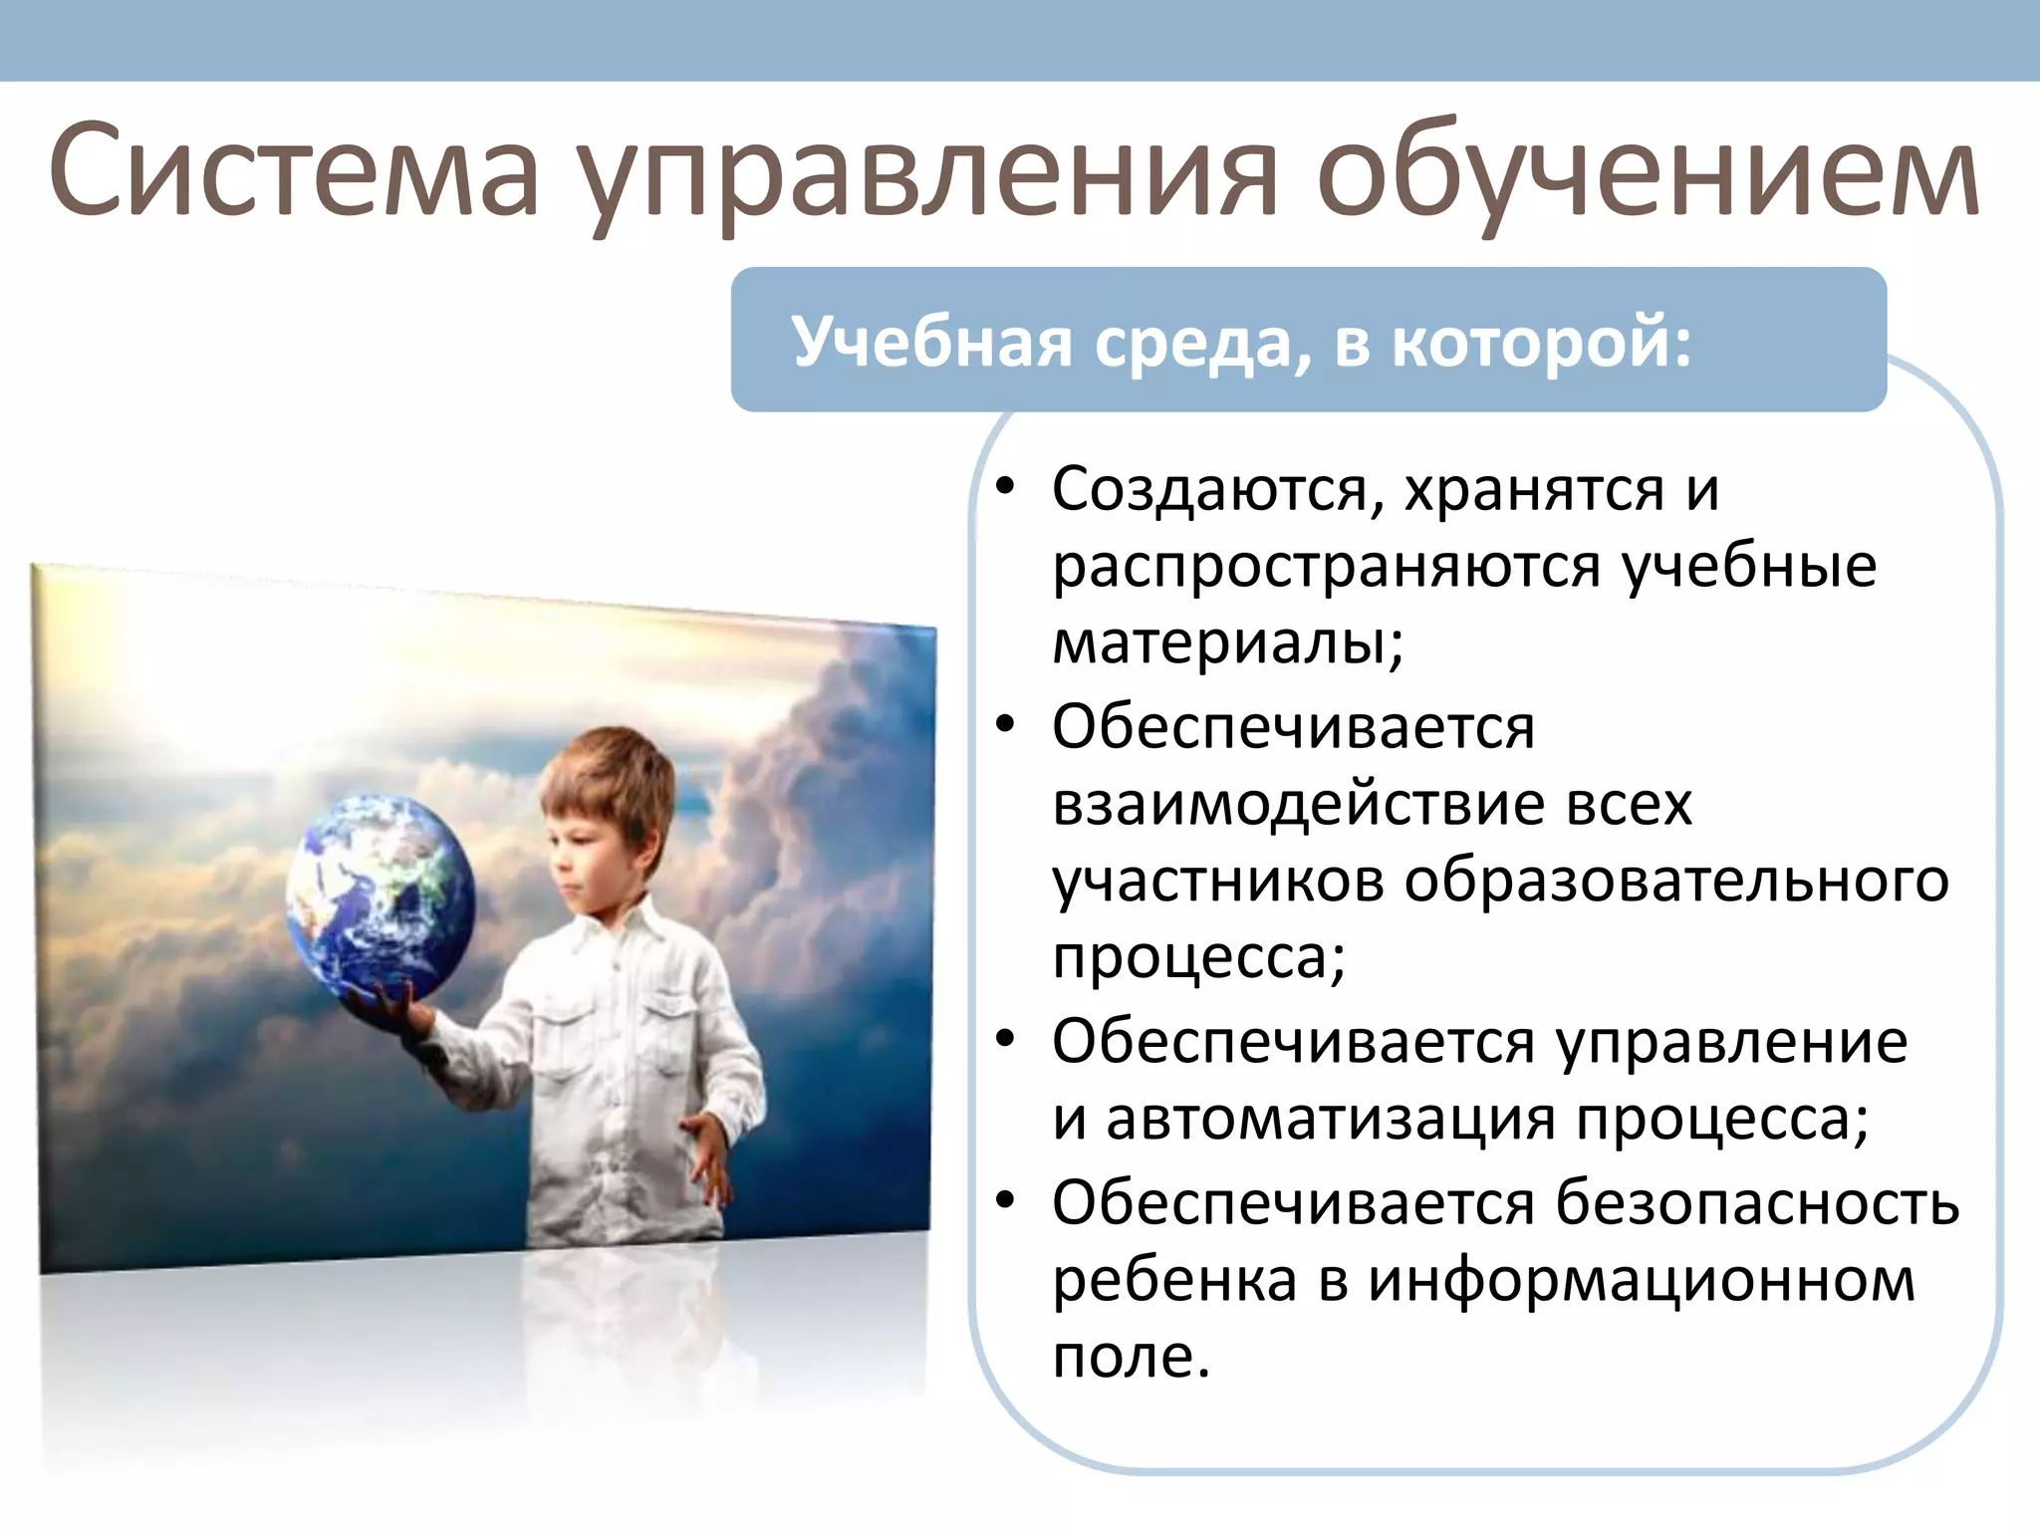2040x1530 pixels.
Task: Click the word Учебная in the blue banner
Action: click(x=932, y=342)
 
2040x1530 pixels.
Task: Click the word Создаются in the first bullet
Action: click(x=1209, y=490)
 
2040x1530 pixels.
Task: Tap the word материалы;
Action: click(x=1228, y=643)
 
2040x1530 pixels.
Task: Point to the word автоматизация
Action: click(x=1331, y=1119)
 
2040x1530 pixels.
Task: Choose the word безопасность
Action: click(x=1758, y=1202)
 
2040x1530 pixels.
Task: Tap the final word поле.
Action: click(x=1131, y=1357)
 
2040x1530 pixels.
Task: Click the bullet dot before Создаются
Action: click(x=1005, y=487)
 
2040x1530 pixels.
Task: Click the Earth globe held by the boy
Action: click(x=381, y=896)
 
